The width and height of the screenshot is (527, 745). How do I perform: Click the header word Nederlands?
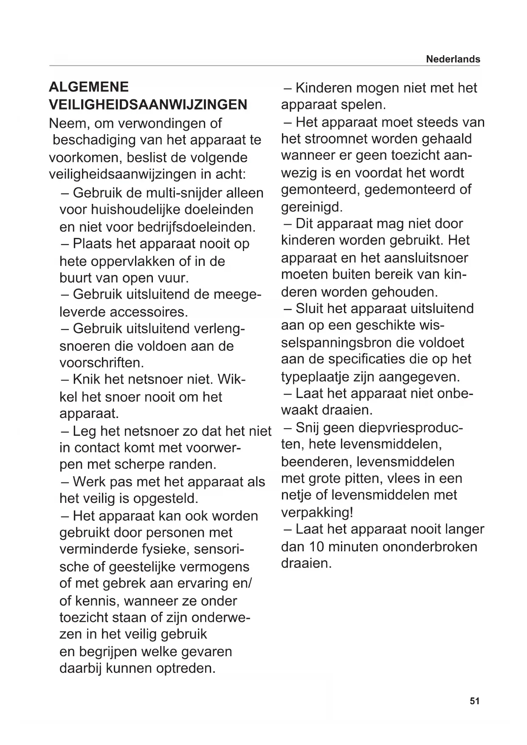point(453,59)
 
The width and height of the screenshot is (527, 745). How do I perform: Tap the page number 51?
point(475,701)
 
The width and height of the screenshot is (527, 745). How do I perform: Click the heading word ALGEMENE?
point(89,87)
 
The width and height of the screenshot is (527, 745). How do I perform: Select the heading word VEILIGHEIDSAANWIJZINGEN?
point(148,104)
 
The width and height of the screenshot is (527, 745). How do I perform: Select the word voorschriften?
point(101,363)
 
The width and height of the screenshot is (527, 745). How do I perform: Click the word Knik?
point(87,379)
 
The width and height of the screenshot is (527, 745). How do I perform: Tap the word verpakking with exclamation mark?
point(317,513)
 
